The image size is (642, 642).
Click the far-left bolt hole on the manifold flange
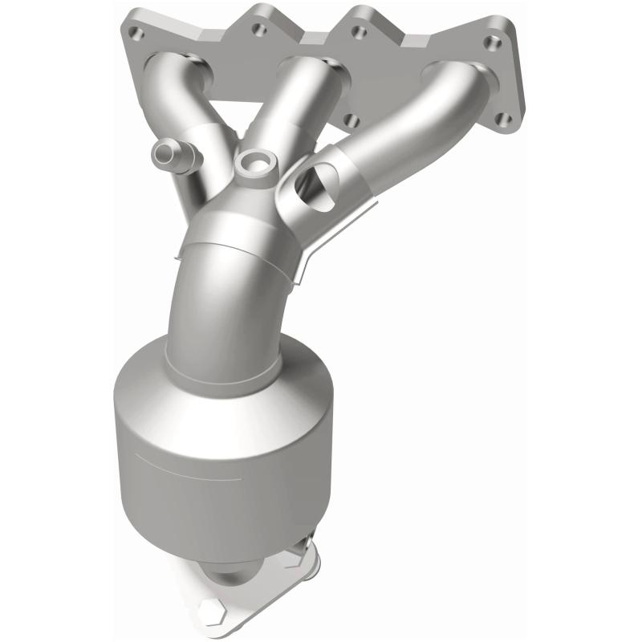pos(133,35)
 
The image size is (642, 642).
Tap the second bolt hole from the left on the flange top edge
pos(258,30)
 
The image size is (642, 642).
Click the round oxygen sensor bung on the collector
pos(254,160)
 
